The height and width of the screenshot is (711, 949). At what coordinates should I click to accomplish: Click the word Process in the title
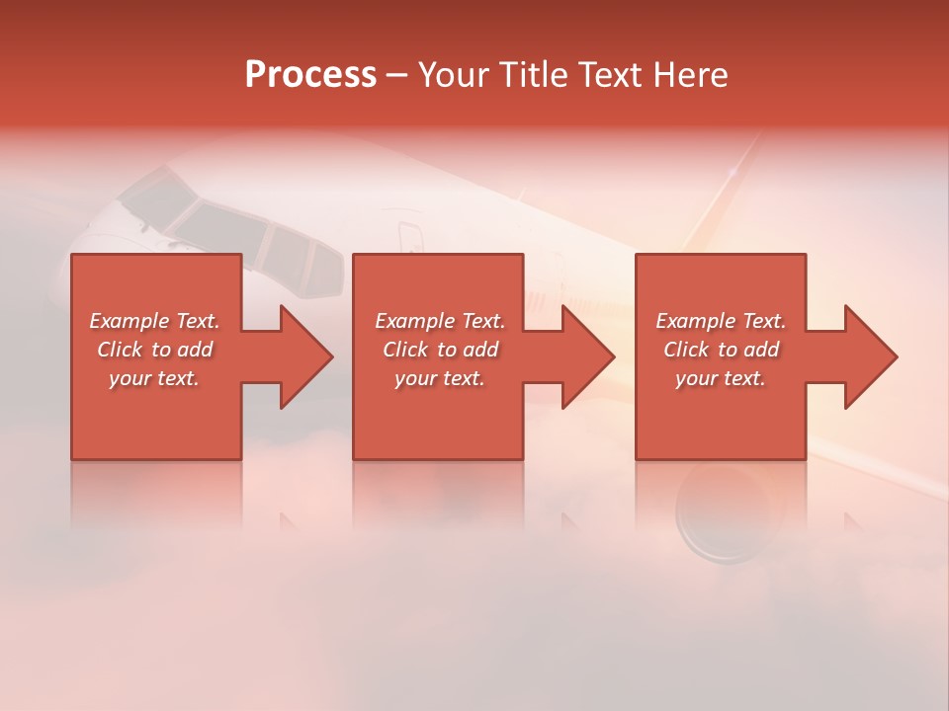[x=310, y=75]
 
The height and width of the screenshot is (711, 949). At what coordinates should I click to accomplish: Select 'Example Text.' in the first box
[x=154, y=321]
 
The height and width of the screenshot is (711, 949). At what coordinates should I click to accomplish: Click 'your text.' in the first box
[x=154, y=378]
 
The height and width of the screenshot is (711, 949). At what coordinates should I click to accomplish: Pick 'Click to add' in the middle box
[x=440, y=350]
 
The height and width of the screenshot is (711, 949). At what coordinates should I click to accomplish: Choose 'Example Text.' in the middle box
[x=440, y=321]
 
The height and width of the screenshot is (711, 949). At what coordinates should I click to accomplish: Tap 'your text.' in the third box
[x=721, y=378]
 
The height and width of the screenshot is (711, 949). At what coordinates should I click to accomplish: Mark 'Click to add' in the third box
[x=721, y=350]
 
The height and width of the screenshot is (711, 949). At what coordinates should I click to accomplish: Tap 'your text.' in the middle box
[x=440, y=378]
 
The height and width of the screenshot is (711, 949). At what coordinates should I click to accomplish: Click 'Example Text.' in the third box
[x=721, y=321]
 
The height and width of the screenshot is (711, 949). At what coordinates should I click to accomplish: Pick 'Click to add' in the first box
[x=154, y=350]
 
